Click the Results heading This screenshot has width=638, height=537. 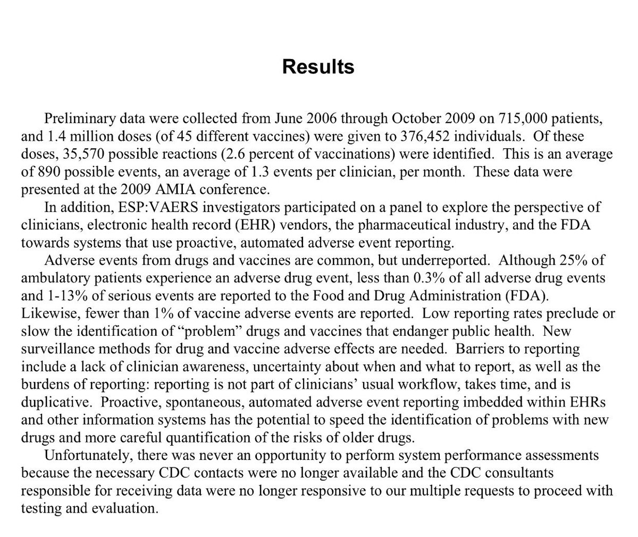[318, 67]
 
